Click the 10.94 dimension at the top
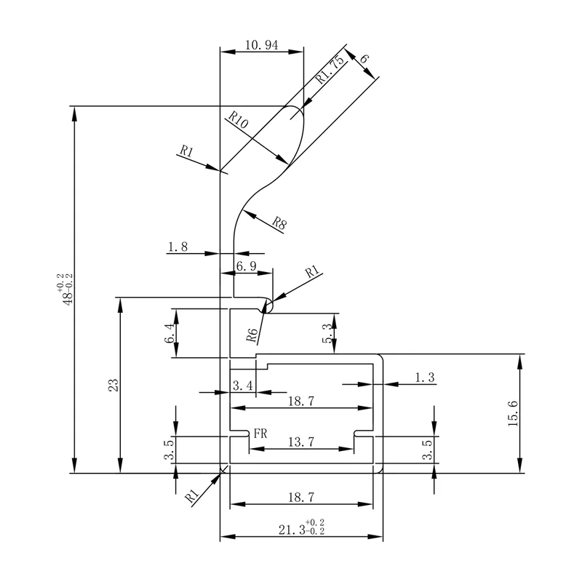(261, 45)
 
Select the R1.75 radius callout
(330, 69)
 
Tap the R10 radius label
(238, 119)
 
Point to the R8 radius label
(279, 223)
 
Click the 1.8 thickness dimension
(178, 247)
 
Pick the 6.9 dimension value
(247, 266)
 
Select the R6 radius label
(252, 335)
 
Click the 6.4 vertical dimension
(170, 333)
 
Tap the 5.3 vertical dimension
(327, 333)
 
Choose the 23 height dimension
(113, 385)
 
